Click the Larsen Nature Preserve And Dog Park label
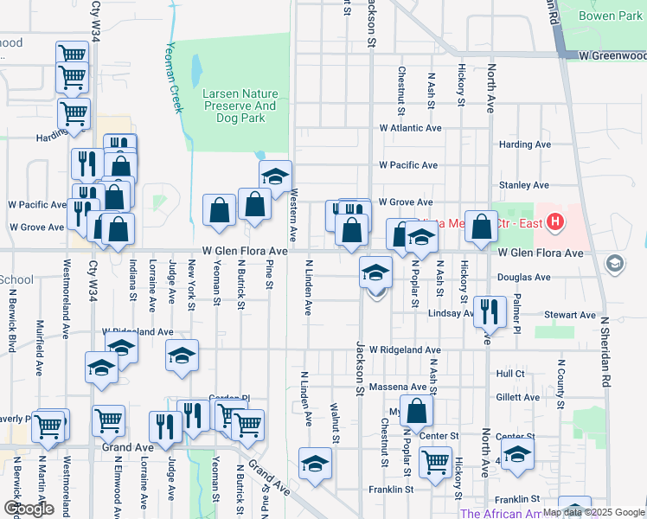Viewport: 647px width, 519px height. tap(240, 106)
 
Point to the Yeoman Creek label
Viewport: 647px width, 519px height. tap(176, 79)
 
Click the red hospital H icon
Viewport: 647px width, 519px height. tap(554, 222)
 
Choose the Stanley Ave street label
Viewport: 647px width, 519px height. tap(524, 185)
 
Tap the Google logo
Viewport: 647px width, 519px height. tap(29, 509)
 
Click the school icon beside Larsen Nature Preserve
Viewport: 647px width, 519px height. tap(275, 177)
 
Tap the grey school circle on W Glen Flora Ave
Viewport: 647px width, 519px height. tap(615, 263)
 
